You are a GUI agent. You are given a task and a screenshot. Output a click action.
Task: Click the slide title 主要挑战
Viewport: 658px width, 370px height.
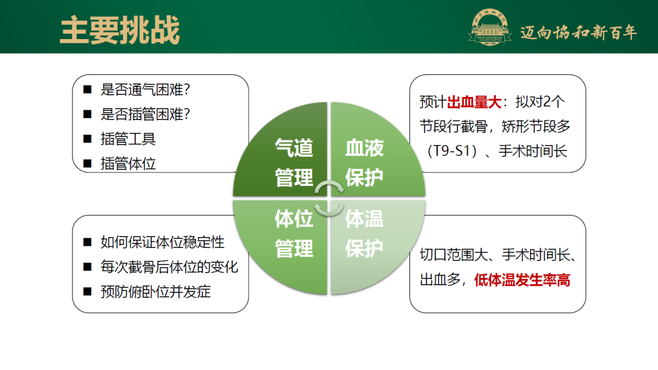pos(120,30)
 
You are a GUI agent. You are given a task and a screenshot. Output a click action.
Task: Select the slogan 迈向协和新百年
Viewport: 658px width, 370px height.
pos(578,32)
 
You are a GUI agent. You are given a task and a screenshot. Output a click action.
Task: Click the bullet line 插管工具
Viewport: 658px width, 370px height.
pos(128,139)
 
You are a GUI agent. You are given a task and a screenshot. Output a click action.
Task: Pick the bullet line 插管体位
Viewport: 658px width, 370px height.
pos(128,163)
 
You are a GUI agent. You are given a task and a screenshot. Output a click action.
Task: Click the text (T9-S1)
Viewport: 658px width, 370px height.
pos(451,151)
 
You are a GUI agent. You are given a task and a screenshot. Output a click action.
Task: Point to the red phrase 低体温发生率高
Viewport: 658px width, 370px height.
pos(522,280)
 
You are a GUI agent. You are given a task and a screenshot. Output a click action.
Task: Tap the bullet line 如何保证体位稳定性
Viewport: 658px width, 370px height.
pos(163,242)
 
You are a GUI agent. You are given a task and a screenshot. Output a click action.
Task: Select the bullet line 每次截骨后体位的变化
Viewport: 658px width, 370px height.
pos(169,267)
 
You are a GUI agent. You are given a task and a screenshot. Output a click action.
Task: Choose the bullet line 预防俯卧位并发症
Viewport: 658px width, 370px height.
pos(155,291)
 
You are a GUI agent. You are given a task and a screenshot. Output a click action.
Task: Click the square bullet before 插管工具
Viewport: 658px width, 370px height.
pos(88,139)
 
